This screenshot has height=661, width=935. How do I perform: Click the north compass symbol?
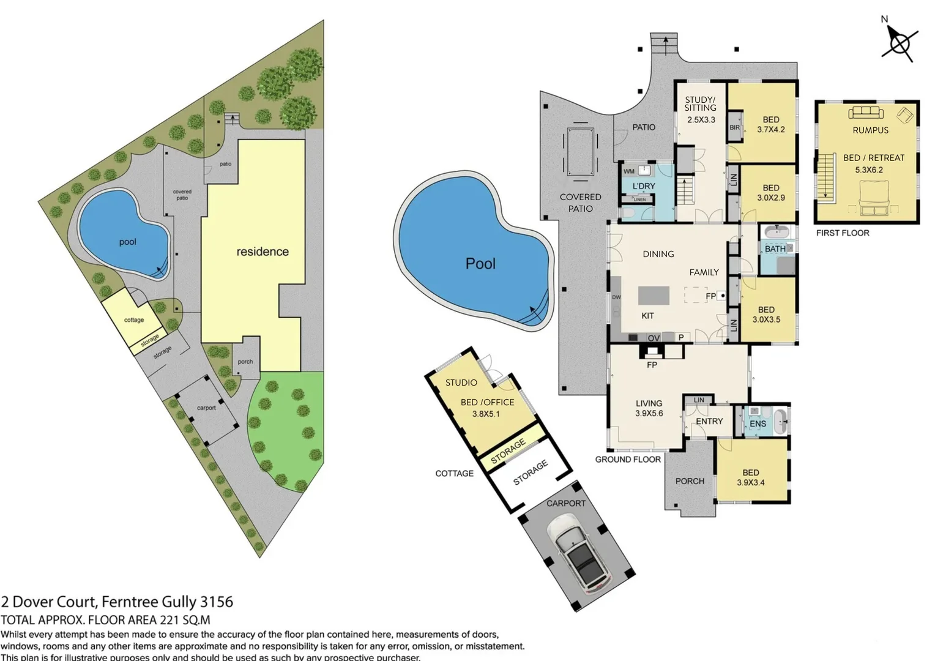coord(900,43)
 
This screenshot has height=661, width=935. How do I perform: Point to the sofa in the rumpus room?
coord(865,113)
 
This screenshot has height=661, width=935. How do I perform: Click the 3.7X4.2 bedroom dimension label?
coord(770,130)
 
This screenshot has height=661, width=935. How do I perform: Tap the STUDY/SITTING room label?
coord(700,103)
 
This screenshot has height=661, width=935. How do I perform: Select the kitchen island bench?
coord(654,296)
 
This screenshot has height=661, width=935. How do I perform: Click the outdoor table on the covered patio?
coord(579,151)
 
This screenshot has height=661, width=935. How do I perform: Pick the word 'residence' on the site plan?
coord(263,252)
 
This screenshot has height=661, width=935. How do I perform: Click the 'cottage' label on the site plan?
coord(134,320)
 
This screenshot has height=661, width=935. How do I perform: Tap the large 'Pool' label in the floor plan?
coord(480,264)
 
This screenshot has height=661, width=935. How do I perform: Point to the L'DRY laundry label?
coord(643,186)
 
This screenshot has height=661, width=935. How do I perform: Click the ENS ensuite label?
coord(758,424)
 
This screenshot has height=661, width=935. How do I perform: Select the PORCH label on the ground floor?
coord(690,481)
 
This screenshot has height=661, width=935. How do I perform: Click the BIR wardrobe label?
coord(734,128)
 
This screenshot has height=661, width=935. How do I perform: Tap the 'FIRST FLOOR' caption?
coord(842,233)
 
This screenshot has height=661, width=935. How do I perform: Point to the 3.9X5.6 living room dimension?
coord(649,414)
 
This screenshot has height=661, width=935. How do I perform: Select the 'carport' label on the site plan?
coord(206,408)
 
